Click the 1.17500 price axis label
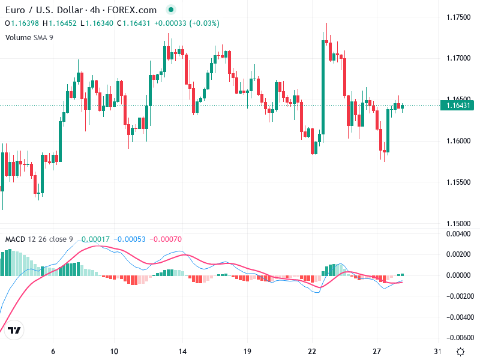tap(458, 17)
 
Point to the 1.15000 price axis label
tap(458, 223)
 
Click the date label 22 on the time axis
tap(312, 352)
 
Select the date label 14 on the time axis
tap(184, 352)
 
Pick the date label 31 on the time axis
tap(438, 352)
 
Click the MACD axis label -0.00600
tap(460, 337)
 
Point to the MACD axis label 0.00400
tap(460, 233)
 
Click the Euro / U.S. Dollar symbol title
tap(45, 10)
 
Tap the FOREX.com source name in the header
tap(137, 10)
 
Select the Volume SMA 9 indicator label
tap(29, 37)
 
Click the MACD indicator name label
tap(15, 239)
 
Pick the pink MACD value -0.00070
tap(165, 239)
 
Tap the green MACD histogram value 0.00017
tap(96, 239)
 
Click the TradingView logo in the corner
tap(15, 330)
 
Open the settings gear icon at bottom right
tap(460, 352)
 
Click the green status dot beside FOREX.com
tap(171, 10)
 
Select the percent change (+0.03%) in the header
tap(205, 23)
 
